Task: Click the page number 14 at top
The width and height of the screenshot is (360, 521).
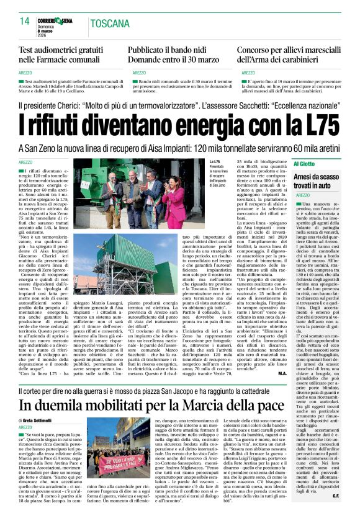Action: click(x=25, y=22)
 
